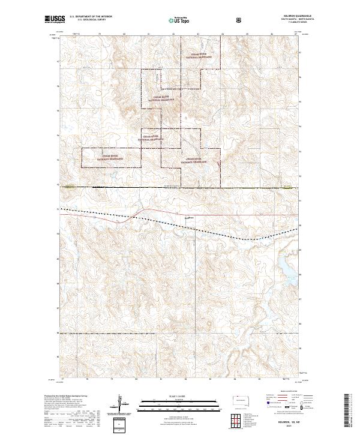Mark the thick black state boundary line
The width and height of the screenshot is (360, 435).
180,187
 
